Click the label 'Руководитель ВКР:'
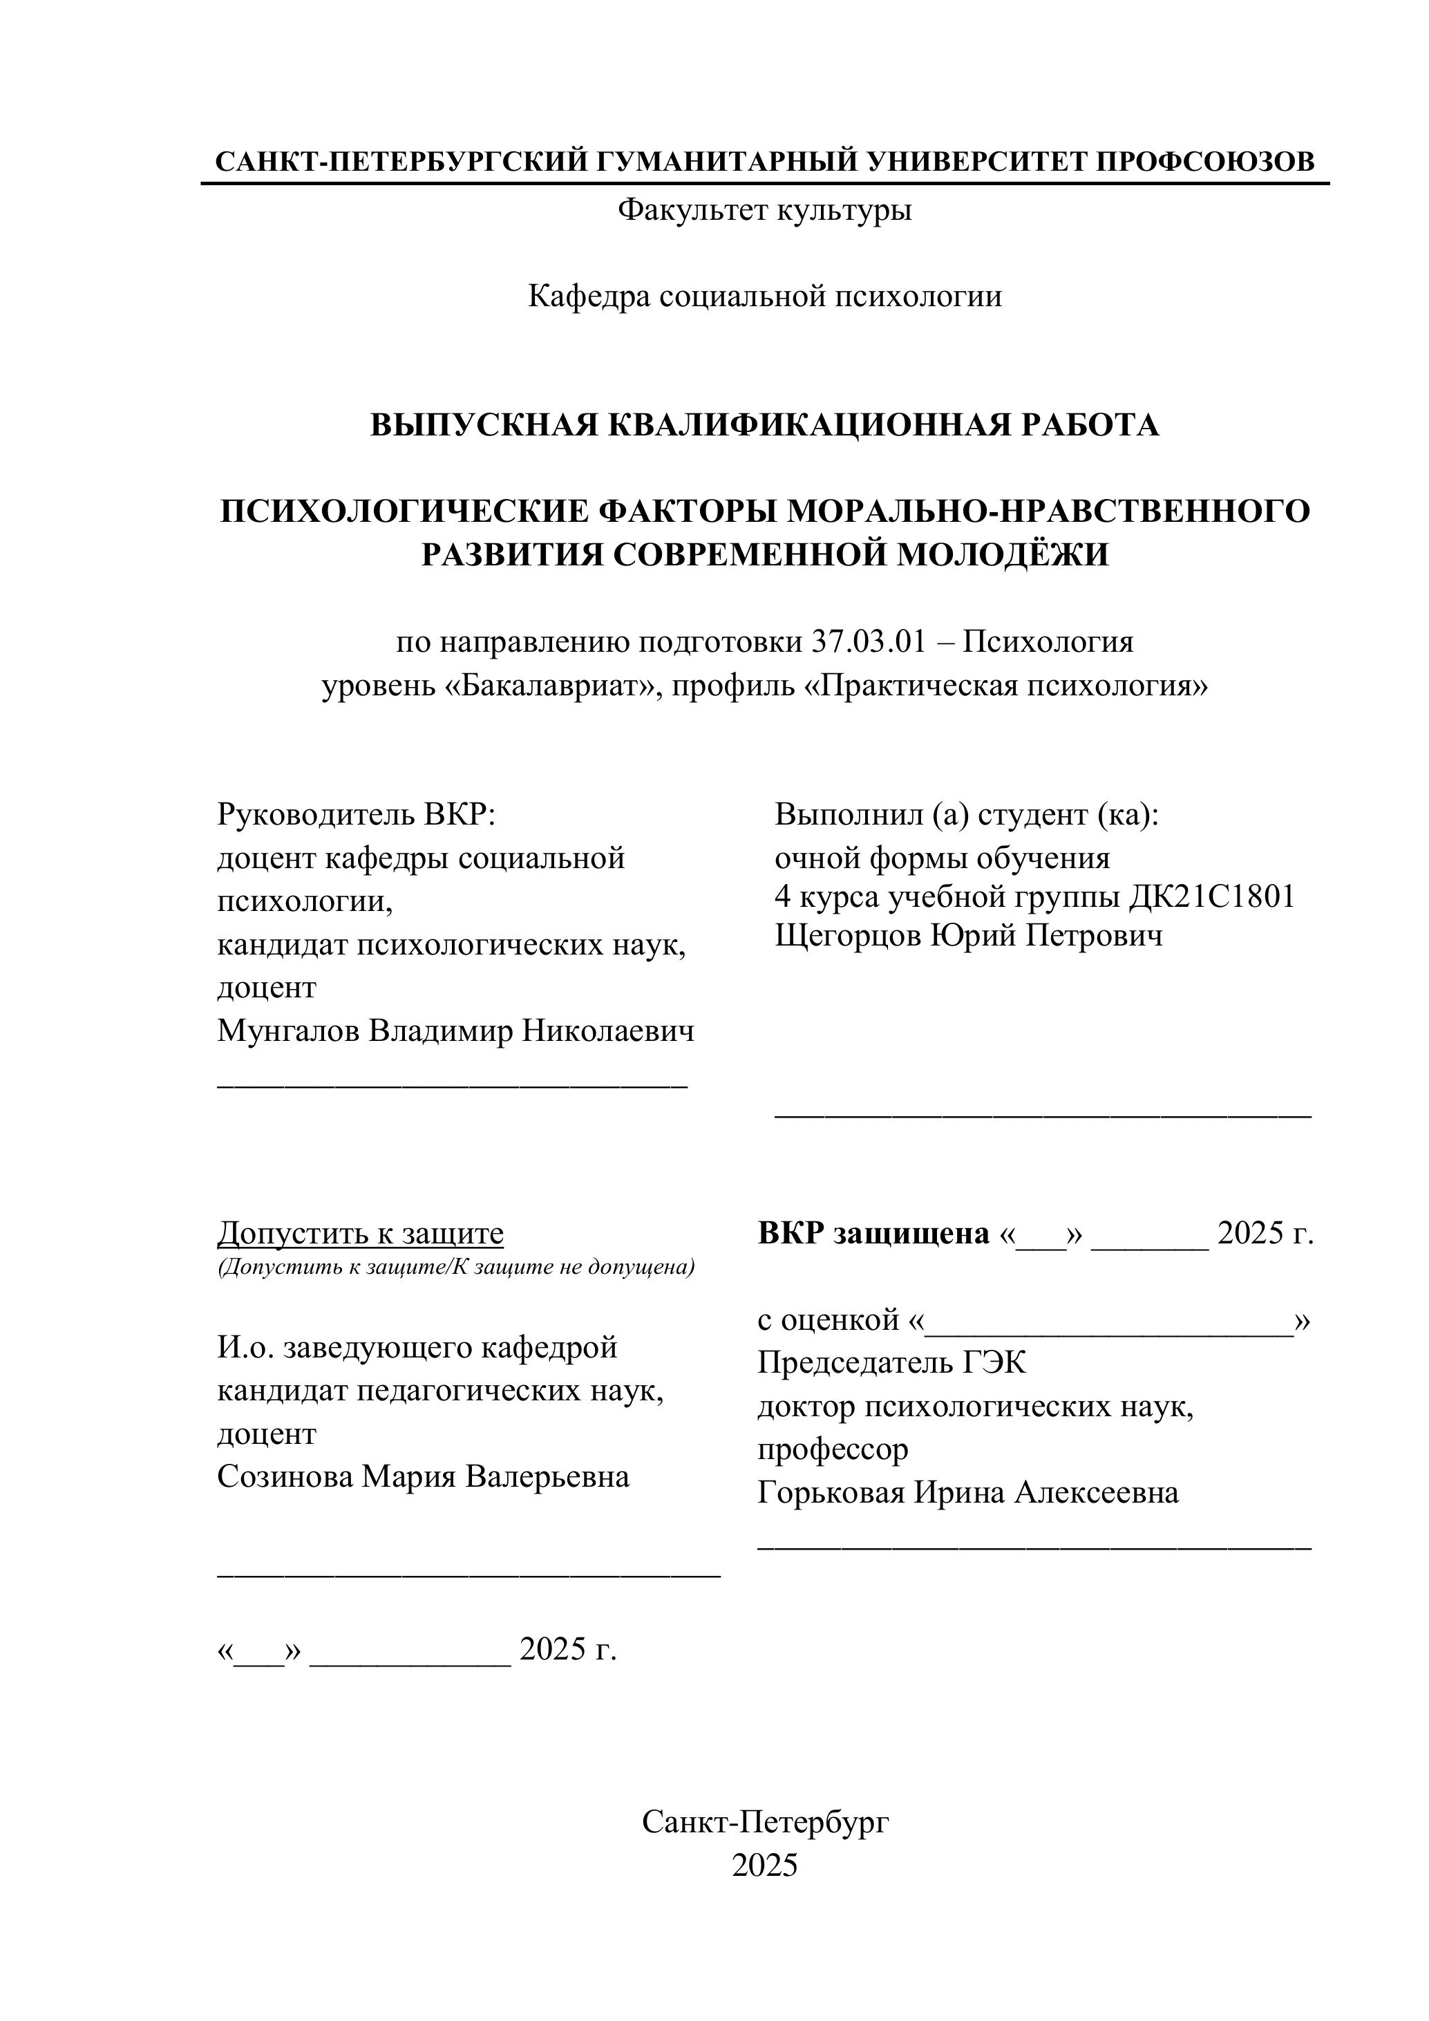[x=357, y=815]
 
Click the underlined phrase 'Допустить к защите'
[x=360, y=1234]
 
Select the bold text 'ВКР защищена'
[x=873, y=1234]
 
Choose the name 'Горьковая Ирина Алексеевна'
[x=968, y=1493]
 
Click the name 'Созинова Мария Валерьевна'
[x=424, y=1477]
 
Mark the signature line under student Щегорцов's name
[x=1043, y=1114]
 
